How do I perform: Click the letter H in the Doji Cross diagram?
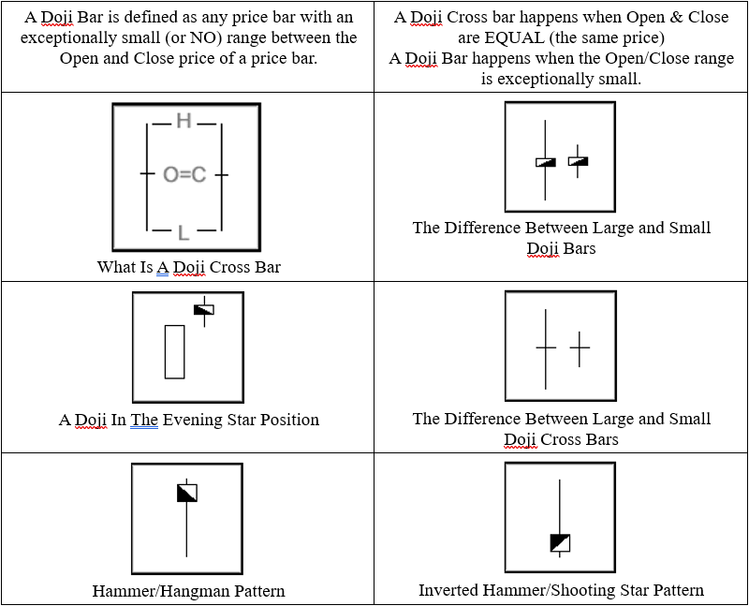(184, 121)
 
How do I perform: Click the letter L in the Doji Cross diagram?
(184, 231)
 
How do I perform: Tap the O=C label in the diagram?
(184, 174)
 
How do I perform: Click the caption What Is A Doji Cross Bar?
(188, 267)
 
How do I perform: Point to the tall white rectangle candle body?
(174, 351)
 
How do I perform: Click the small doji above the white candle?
(204, 310)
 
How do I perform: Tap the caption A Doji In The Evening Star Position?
(188, 420)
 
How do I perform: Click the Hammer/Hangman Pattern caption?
(188, 591)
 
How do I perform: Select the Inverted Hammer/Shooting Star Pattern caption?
(561, 590)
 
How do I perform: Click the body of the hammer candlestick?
(187, 493)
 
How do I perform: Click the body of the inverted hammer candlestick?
(560, 543)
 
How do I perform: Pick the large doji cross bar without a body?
(546, 347)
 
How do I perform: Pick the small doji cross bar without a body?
(580, 348)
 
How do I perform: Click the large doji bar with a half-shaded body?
(546, 162)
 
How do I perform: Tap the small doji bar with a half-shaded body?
(579, 161)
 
